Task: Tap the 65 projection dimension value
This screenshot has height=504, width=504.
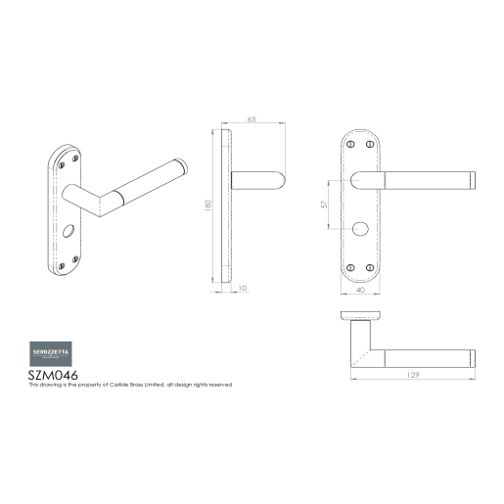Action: point(252,119)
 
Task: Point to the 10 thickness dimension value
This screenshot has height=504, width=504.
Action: point(243,289)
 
